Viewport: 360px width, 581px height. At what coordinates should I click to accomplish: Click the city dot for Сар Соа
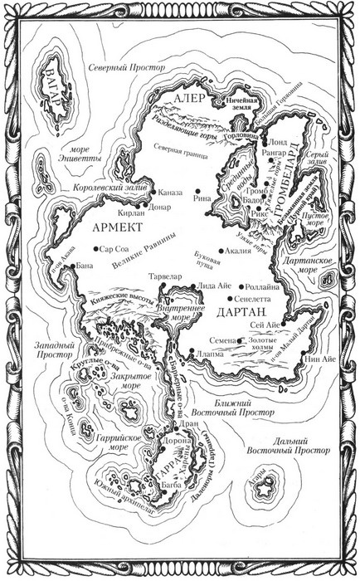coord(97,248)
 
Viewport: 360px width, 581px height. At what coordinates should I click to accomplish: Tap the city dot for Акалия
coord(221,248)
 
